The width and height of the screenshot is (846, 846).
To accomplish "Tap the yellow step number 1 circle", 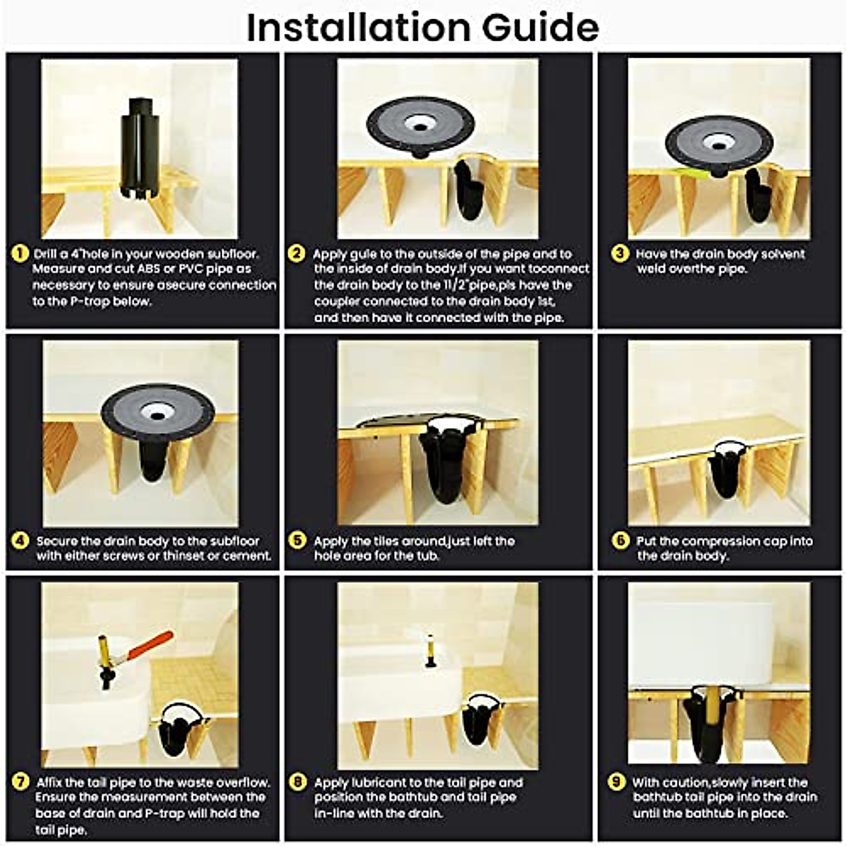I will point(21,254).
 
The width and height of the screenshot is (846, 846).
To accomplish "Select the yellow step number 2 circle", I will point(298,254).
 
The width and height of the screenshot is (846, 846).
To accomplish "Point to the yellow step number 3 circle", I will point(620,254).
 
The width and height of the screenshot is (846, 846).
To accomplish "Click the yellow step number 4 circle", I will point(21,541).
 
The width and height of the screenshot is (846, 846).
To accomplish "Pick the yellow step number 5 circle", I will point(298,541).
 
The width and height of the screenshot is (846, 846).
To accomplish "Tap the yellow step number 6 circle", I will point(620,541).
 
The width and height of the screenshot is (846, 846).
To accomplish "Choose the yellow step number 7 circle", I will point(21,782).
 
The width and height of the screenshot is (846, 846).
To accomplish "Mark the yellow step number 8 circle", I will point(298,782).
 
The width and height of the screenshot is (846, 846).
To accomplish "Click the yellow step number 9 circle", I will point(617,782).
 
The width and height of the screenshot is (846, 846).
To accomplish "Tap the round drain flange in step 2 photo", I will point(420,125).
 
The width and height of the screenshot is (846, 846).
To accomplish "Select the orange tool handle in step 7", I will point(152,645).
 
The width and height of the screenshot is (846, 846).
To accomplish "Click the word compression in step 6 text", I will point(723,541).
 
